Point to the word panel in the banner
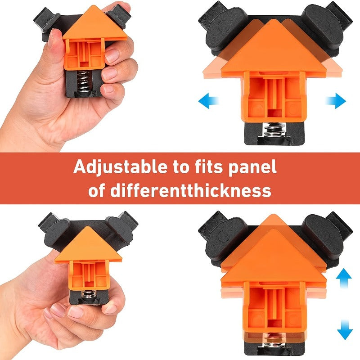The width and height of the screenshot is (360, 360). click(251, 167)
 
